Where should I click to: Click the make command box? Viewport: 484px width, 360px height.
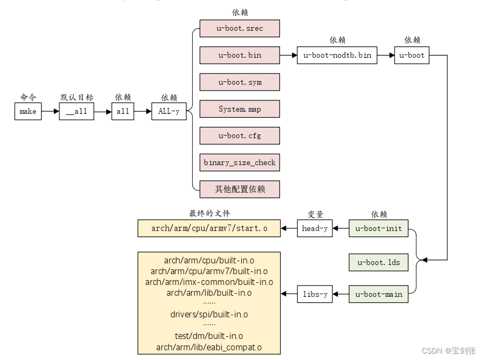coord(28,111)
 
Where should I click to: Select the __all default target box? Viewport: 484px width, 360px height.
coord(76,111)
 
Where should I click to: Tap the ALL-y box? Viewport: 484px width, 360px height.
coord(169,111)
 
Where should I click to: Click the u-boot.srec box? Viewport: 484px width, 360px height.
coord(240,28)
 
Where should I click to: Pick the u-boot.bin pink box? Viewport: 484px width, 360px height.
coord(240,55)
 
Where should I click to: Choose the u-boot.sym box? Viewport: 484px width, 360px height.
coord(240,82)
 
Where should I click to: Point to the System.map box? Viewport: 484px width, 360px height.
coord(240,109)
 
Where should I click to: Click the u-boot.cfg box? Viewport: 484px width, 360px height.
coord(240,135)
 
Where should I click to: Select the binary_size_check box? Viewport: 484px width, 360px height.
coord(240,162)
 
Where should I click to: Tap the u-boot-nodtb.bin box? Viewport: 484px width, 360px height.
coord(337,55)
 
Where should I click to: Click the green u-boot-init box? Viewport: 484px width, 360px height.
coord(378,228)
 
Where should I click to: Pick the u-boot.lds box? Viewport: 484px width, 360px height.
coord(378,262)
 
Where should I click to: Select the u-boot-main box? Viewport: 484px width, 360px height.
coord(378,294)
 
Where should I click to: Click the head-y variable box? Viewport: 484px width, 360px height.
coord(315,228)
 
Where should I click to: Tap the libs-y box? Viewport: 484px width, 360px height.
coord(315,294)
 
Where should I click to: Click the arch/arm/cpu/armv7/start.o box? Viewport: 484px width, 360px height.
coord(209,228)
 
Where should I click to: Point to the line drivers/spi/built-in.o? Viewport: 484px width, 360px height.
coord(209,314)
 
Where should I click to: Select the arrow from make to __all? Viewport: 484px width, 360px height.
coord(50,111)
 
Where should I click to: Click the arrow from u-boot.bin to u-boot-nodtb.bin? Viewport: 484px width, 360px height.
coord(288,55)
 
